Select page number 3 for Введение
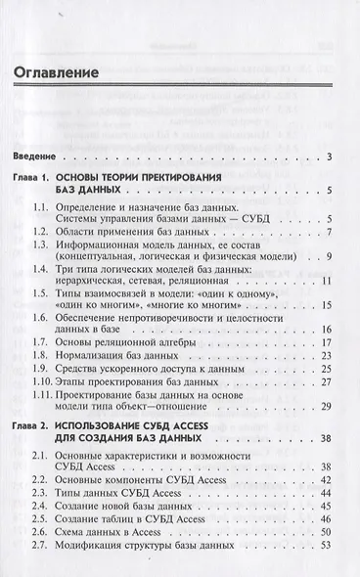click(332, 156)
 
